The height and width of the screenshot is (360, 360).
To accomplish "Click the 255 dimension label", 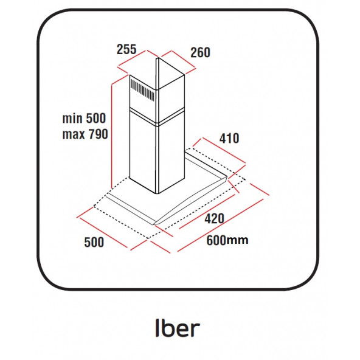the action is click(x=126, y=49).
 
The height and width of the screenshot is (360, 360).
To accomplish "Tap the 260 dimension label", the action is click(x=200, y=52).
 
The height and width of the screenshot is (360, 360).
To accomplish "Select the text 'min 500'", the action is click(x=84, y=118).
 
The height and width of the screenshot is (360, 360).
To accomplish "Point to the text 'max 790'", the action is click(x=85, y=134).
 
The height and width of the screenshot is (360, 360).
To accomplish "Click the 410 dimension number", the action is click(x=229, y=138).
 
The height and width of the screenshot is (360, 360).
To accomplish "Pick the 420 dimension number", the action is click(x=215, y=218).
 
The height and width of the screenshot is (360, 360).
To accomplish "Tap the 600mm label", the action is click(x=227, y=240).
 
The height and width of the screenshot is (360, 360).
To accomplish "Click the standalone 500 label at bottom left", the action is click(x=94, y=242).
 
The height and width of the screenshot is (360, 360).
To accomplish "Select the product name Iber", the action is click(x=178, y=328).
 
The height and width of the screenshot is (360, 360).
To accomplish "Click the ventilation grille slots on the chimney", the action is click(x=142, y=89).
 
